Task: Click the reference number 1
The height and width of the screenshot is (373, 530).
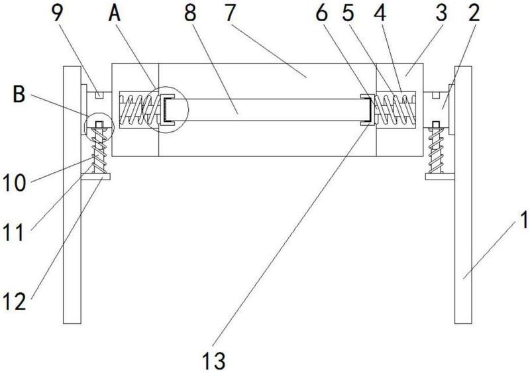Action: coord(523,220)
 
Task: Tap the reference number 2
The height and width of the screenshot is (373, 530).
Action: coord(474,13)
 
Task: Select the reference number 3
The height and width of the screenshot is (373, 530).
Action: coord(441,13)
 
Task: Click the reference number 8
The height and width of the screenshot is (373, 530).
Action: coord(190,13)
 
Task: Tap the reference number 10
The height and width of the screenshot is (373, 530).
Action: coord(14,184)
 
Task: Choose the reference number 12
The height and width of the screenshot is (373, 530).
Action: coord(14,301)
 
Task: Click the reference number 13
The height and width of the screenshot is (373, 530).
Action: coord(213,360)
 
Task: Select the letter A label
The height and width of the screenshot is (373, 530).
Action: coord(115,13)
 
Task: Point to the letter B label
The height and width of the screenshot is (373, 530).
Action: coord(19,93)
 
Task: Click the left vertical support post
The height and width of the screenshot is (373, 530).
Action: coord(72,195)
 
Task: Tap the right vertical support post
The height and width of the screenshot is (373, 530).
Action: coord(463,195)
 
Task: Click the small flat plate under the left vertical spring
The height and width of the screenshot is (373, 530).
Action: coord(95,176)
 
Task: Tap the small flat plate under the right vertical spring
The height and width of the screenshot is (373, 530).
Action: coord(440,176)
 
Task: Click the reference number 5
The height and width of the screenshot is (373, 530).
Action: coord(348,13)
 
